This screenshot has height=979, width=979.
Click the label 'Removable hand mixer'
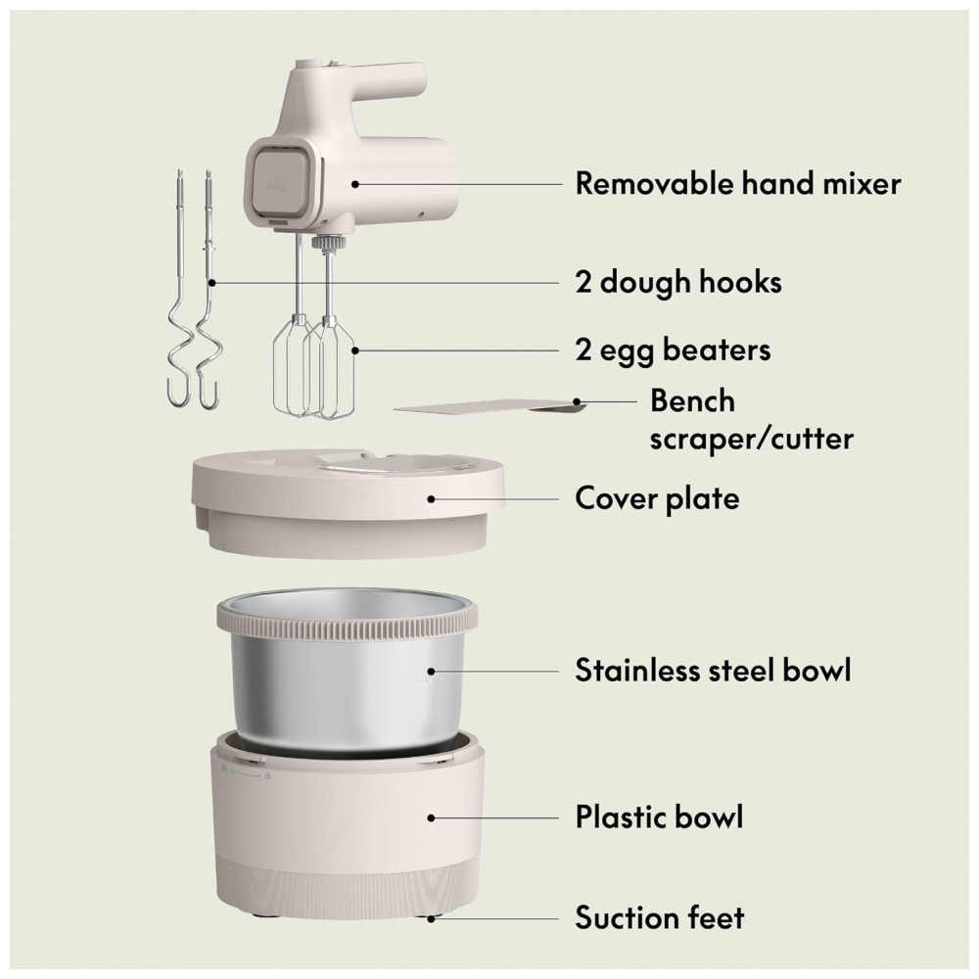[x=737, y=184]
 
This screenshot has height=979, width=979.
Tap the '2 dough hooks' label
[x=678, y=282]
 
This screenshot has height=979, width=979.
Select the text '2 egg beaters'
[x=673, y=350]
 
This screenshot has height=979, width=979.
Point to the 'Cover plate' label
[x=657, y=499]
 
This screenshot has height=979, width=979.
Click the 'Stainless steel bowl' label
[x=713, y=671]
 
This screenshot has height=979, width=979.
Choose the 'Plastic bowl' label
[x=659, y=817]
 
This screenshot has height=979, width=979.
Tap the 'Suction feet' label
[x=660, y=918]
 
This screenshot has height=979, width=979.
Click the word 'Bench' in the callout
[x=692, y=400]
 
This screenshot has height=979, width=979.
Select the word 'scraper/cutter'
[x=751, y=440]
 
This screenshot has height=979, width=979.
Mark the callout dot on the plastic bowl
[x=431, y=817]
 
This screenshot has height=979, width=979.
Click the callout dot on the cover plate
[x=431, y=499]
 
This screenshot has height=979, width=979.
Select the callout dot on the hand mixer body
[x=354, y=184]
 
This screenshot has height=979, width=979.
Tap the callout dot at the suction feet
[x=431, y=918]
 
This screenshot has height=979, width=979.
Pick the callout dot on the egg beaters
[x=355, y=350]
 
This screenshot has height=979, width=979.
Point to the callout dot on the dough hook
[x=212, y=283]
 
